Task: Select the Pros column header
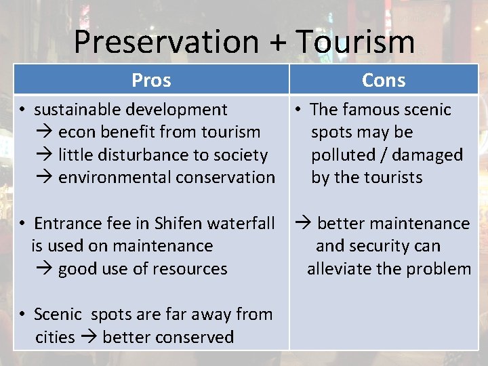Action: (x=151, y=80)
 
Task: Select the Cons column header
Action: (x=384, y=80)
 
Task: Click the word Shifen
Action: (x=178, y=224)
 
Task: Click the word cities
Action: (x=55, y=337)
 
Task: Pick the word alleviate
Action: (x=337, y=269)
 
